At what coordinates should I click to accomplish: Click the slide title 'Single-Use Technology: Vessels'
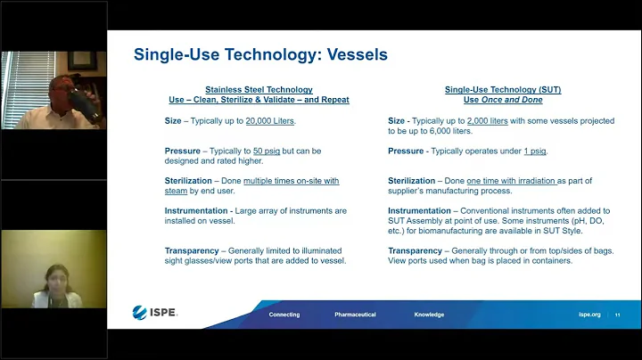coord(260,55)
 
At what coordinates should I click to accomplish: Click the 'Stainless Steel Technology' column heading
coord(259,90)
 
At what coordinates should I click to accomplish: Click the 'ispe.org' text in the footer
coord(588,315)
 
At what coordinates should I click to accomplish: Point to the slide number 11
coord(617,315)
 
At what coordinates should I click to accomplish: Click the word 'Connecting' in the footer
coord(284,315)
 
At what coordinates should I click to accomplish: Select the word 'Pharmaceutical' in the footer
coord(355,315)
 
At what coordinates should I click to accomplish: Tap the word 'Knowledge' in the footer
coord(429,315)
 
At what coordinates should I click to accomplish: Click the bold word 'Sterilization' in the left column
coord(189,181)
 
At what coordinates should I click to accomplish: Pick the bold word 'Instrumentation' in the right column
coord(418,211)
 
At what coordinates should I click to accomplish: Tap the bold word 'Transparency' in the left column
coord(190,250)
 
